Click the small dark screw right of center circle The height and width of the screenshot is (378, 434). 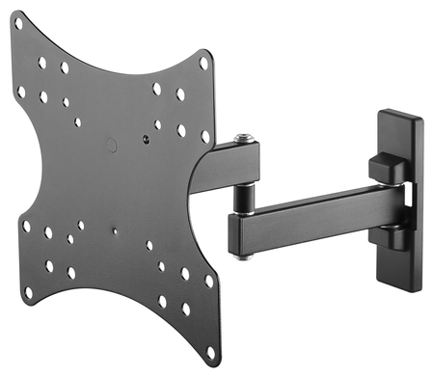(145, 138)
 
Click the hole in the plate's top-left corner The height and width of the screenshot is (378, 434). (41, 62)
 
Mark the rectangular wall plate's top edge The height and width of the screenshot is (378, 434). (399, 115)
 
